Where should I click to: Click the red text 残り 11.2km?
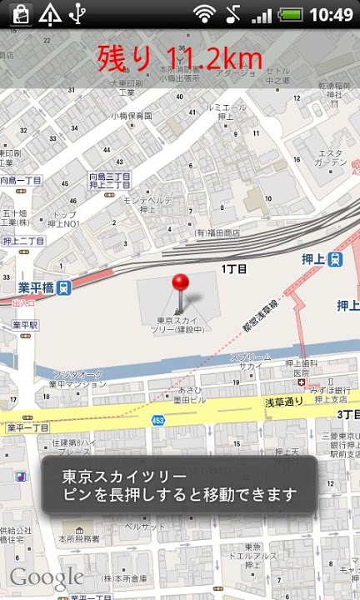(180, 57)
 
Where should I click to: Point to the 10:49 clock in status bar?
(331, 14)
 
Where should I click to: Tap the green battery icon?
(290, 14)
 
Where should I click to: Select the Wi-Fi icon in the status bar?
(203, 14)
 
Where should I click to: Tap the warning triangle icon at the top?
(50, 14)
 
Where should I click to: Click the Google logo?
(46, 577)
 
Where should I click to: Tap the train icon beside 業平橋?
(65, 287)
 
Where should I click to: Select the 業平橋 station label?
(36, 287)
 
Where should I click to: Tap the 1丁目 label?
(234, 269)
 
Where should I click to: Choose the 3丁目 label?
(347, 414)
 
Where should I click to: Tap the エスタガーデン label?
(332, 157)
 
